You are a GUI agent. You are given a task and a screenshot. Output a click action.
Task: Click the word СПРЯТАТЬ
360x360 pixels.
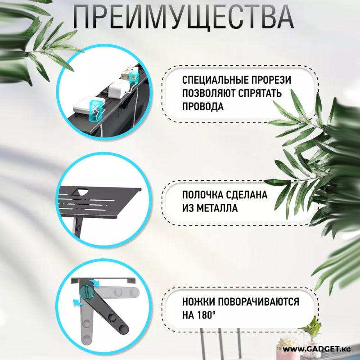(x=260, y=94)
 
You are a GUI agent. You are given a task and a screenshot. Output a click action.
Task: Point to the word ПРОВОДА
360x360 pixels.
(x=203, y=107)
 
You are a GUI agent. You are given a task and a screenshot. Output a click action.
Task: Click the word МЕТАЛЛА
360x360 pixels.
(x=217, y=208)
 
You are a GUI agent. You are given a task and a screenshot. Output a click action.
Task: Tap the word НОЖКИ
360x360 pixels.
(x=198, y=301)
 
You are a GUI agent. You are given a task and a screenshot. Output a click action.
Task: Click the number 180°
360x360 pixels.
(x=207, y=315)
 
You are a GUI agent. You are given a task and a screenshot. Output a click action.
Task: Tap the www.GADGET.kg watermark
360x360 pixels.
(x=317, y=349)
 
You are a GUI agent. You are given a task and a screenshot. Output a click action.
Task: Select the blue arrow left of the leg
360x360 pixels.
(x=77, y=302)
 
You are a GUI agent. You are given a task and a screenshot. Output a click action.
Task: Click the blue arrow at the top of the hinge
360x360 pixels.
(x=96, y=283)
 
